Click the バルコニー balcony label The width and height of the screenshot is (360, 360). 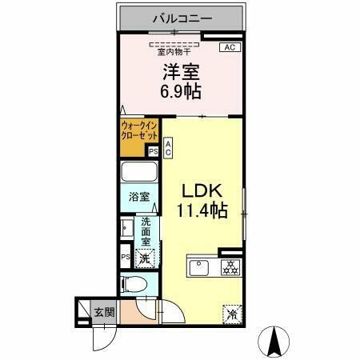[180, 18]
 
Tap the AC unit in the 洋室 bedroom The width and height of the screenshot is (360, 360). [229, 48]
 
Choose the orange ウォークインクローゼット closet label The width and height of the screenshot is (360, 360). [139, 130]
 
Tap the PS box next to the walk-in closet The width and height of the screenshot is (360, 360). [152, 150]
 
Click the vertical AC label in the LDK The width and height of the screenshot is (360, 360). [169, 146]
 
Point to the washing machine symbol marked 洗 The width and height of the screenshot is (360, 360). [146, 258]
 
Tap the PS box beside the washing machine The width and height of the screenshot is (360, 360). [125, 257]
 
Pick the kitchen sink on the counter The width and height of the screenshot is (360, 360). [199, 267]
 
